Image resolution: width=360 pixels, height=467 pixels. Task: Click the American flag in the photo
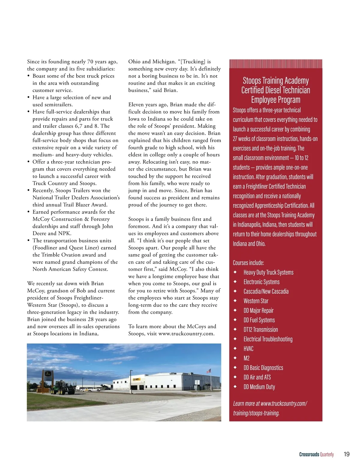pos(209,371)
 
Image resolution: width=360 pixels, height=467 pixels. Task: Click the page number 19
pos(346,454)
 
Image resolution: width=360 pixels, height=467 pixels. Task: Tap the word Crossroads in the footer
pos(309,454)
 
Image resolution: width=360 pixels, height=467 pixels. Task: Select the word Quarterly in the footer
pos(327,454)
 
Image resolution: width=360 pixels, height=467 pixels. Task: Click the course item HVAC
pos(248,349)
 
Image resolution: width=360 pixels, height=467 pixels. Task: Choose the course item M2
pos(246,358)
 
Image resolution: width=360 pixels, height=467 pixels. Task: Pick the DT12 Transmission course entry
pos(260,329)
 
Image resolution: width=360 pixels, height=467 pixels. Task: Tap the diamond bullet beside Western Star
pos(235,301)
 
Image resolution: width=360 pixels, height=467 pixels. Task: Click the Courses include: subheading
pos(248,263)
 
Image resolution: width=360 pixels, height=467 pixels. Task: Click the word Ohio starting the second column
pos(134,61)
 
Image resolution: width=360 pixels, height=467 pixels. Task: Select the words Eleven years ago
pos(146,105)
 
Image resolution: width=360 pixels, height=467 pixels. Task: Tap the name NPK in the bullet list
pos(64,233)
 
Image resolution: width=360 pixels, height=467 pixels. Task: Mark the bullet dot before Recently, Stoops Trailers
pos(28,190)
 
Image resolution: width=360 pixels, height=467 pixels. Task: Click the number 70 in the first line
pos(90,61)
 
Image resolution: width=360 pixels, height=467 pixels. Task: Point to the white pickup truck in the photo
pos(94,389)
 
